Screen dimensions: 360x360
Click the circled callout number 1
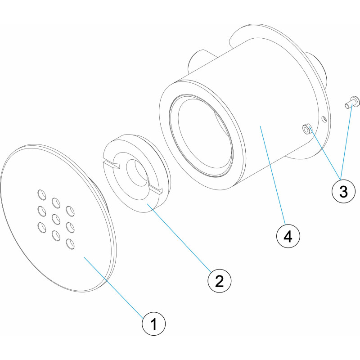point(153,324)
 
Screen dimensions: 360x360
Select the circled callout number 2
point(219,281)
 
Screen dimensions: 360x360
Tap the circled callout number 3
point(343,191)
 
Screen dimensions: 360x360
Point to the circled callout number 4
point(288,236)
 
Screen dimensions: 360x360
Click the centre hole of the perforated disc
point(56,218)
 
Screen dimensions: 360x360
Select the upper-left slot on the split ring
point(112,164)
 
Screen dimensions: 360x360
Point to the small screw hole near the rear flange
point(324,119)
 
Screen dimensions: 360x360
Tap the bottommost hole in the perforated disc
point(70,244)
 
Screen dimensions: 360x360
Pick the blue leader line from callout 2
point(179,238)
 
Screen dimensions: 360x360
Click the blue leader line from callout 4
point(273,175)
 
